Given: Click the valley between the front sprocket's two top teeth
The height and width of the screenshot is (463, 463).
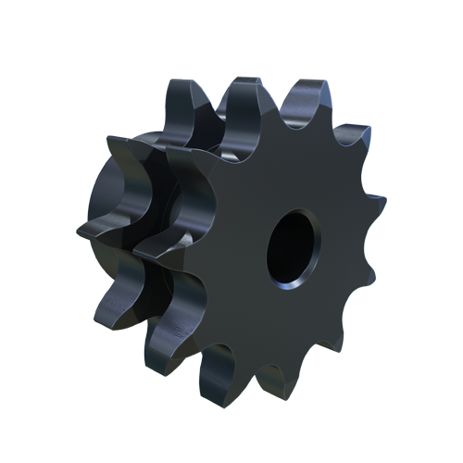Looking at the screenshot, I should (278, 106).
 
